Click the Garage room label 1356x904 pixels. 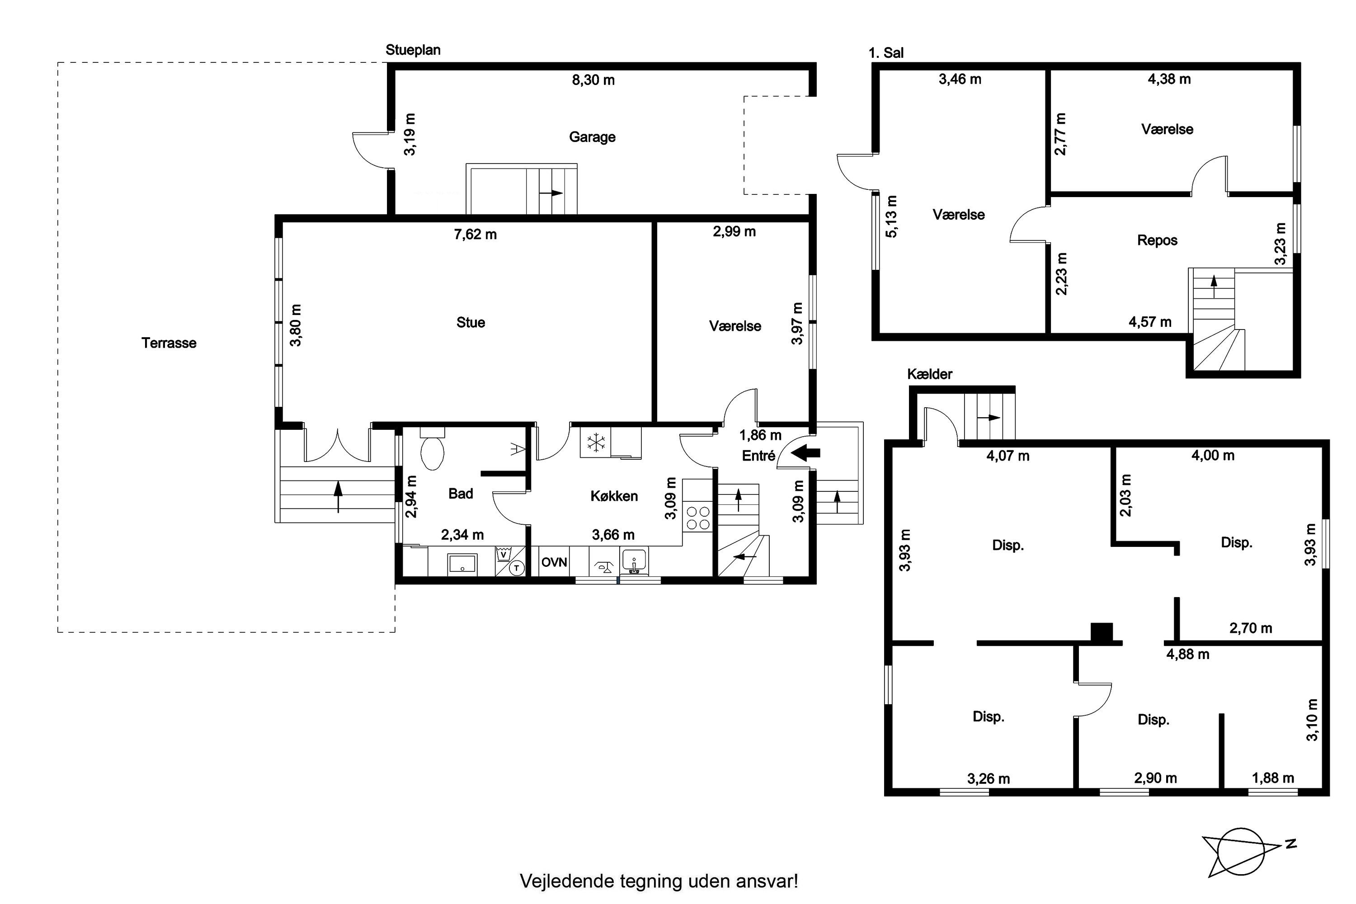click(592, 137)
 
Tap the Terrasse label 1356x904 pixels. click(169, 343)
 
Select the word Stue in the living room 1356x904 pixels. click(471, 322)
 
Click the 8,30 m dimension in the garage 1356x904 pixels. click(593, 80)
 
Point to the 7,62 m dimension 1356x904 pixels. click(475, 235)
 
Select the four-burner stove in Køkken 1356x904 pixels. click(697, 517)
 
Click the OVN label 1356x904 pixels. click(554, 562)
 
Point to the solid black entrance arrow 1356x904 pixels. click(805, 453)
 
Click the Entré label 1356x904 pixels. click(758, 456)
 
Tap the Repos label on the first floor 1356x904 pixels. click(1157, 240)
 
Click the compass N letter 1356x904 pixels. click(1291, 844)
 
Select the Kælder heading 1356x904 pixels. click(929, 374)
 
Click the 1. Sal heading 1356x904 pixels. click(886, 53)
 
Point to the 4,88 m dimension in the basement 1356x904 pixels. click(1188, 654)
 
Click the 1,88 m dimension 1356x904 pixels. click(1273, 778)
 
